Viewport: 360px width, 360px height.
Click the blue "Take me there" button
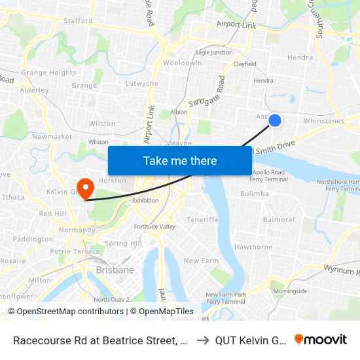(180, 161)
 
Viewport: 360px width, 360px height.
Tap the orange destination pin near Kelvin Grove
(84, 189)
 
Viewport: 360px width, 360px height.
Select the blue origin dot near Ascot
(275, 120)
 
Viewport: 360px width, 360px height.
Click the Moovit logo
(321, 340)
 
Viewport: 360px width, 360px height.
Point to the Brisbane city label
(115, 270)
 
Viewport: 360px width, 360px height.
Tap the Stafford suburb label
(79, 21)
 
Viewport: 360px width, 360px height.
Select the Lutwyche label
(142, 84)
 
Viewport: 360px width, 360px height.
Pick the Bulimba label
(254, 194)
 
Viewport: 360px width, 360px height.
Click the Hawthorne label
(253, 247)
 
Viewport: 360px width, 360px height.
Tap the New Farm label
(200, 261)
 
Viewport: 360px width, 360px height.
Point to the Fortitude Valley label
(154, 226)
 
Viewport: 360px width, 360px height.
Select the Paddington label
(33, 239)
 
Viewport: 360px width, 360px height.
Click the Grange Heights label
(48, 73)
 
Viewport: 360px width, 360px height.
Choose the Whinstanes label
(324, 121)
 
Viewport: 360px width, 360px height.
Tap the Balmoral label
(279, 219)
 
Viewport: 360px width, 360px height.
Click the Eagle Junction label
(213, 52)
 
